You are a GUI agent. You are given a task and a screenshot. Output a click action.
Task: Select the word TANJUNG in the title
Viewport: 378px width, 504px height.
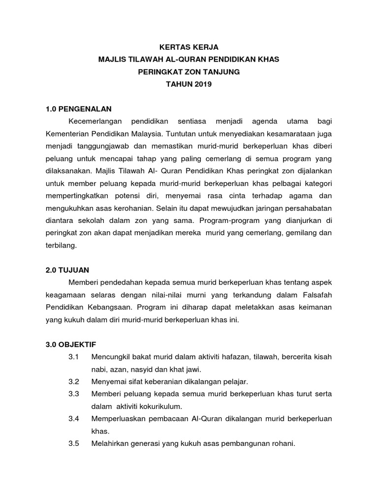[222, 72]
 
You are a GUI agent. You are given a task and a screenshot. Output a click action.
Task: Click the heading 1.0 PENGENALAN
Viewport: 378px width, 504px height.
[79, 109]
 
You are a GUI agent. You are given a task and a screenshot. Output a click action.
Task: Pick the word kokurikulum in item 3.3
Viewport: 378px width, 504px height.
[160, 406]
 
